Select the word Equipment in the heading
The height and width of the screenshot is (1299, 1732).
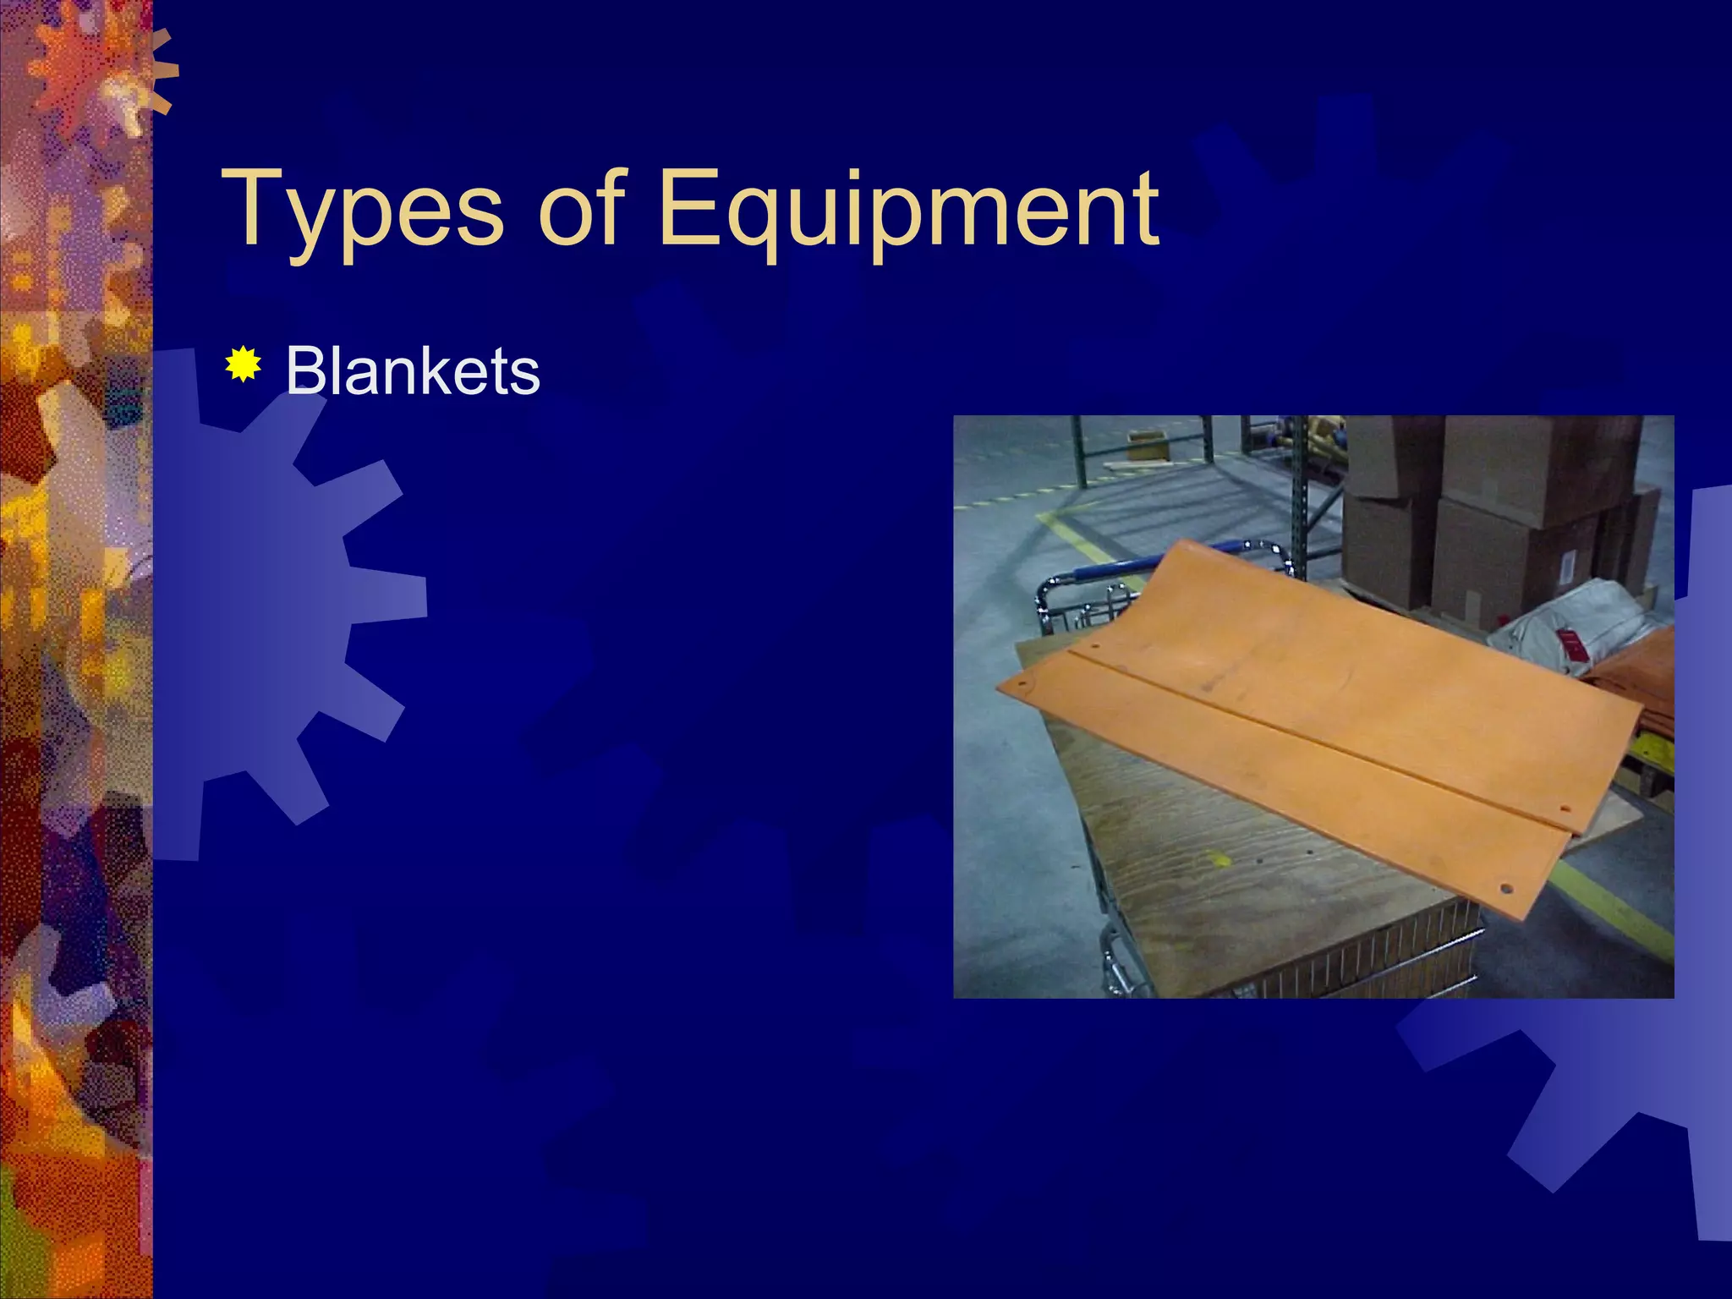[x=907, y=209]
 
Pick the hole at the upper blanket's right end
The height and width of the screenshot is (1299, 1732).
[x=1564, y=809]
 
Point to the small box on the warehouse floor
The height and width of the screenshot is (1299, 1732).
[x=1147, y=444]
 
